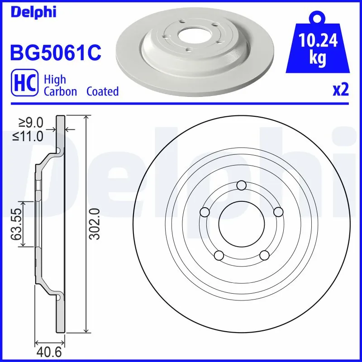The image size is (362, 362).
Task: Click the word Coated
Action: (x=102, y=91)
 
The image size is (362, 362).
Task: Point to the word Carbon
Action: (x=61, y=91)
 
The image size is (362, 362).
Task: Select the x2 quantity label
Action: (x=341, y=90)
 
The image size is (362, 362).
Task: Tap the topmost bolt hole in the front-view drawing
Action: (x=242, y=185)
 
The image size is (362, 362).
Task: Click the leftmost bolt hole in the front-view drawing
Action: (x=205, y=212)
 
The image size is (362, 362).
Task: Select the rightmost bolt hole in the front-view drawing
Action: (x=279, y=212)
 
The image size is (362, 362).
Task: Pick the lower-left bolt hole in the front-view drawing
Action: (x=219, y=255)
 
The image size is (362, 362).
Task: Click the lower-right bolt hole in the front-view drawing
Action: (x=265, y=255)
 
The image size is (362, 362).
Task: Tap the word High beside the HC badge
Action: (x=55, y=80)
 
